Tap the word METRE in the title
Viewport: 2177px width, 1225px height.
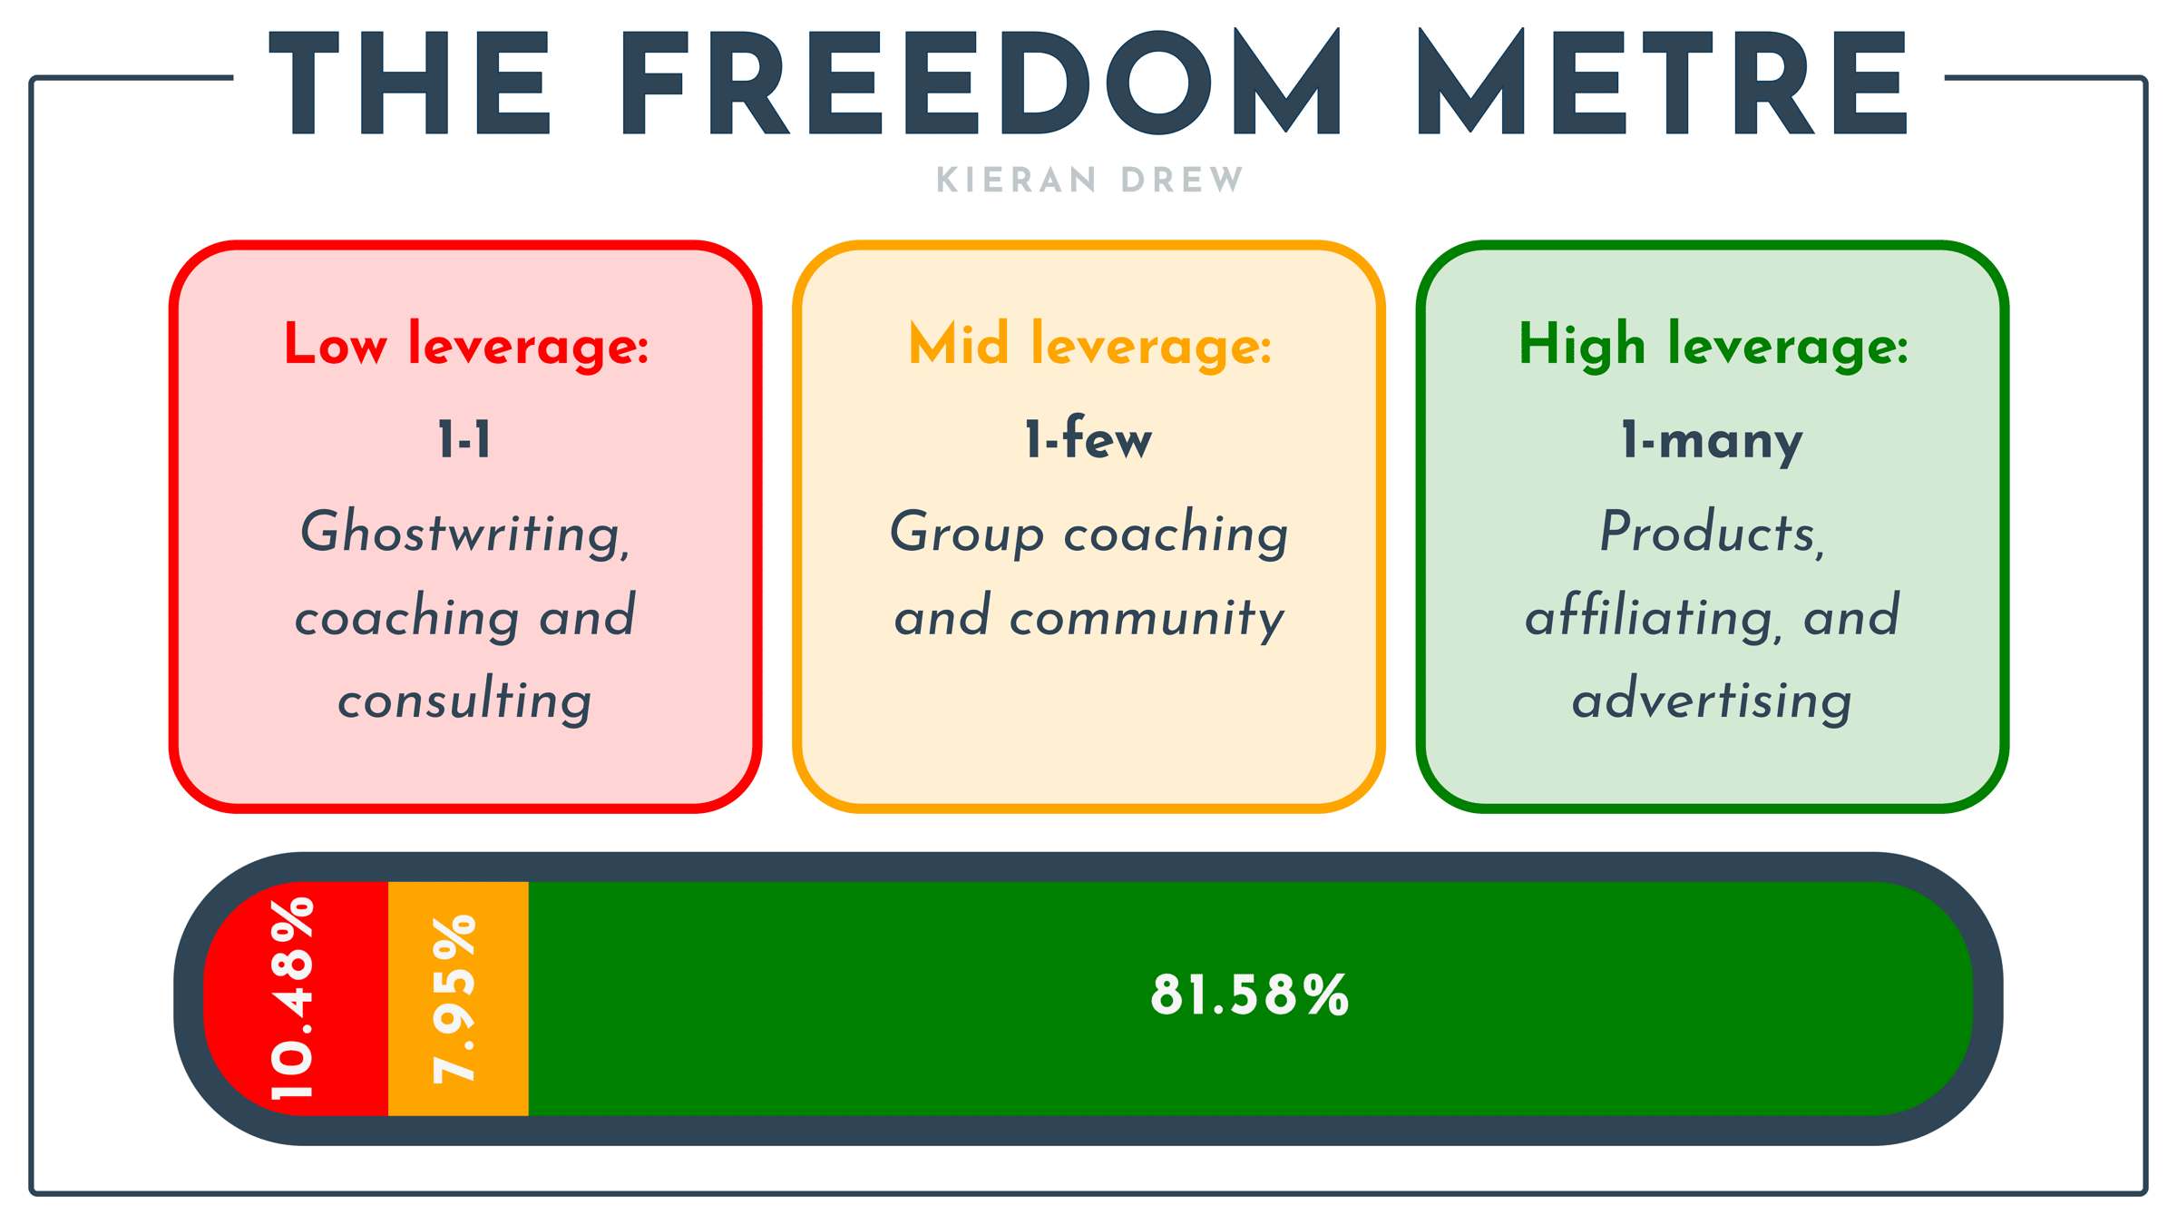point(1663,83)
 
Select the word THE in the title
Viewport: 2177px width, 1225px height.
point(409,83)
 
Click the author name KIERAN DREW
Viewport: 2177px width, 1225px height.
point(1089,180)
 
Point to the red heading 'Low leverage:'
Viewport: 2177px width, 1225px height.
point(466,346)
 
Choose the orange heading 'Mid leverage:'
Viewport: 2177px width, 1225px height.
point(1090,346)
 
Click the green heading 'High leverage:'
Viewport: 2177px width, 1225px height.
point(1713,346)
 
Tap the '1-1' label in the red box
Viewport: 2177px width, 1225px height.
point(464,440)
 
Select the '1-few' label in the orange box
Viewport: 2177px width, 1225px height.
point(1088,437)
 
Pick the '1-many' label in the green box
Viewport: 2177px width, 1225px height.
point(1712,442)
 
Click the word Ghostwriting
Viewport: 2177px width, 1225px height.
point(465,534)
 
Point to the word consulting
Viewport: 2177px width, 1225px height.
point(464,700)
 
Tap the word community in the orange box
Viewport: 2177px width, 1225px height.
point(1147,619)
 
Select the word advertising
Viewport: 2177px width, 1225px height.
point(1712,700)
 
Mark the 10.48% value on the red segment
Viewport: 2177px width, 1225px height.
point(292,998)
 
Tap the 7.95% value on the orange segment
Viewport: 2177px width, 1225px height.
point(454,999)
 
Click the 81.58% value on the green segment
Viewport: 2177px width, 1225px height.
point(1250,995)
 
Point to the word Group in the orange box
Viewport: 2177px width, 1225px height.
point(967,534)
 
